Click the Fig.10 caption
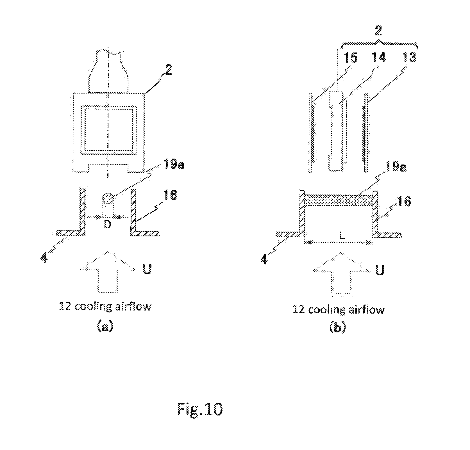[200, 409]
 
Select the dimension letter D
[108, 224]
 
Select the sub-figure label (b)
[337, 327]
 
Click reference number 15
[351, 58]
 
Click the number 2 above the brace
[378, 31]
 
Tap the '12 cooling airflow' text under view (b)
[338, 310]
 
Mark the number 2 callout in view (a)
[168, 70]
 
